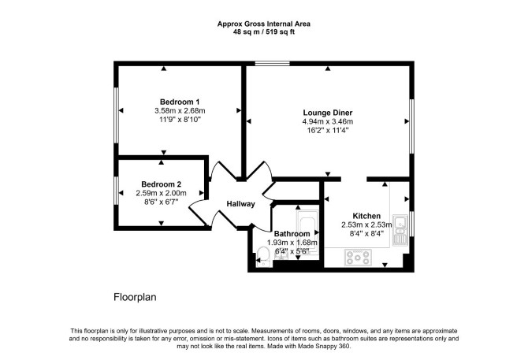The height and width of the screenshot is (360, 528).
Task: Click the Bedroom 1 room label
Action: point(180,102)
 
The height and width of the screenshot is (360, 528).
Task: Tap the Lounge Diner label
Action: point(328,113)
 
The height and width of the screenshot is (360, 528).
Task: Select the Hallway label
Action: point(241,204)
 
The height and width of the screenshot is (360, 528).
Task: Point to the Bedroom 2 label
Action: point(162,184)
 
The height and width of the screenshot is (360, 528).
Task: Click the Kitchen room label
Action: point(366,216)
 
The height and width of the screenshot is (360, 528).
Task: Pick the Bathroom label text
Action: point(292,234)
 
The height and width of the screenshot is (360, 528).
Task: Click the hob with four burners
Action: point(358,258)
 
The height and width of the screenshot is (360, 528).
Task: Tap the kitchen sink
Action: point(400,229)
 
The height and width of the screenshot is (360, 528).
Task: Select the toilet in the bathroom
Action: point(262,256)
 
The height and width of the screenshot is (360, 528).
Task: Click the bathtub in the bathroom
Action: point(308,232)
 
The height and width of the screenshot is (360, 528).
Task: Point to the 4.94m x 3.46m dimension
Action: point(328,121)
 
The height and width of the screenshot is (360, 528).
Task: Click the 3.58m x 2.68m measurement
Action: point(180,111)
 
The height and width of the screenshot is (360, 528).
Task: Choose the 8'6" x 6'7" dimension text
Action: point(162,202)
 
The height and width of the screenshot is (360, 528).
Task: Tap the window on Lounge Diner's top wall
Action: point(272,63)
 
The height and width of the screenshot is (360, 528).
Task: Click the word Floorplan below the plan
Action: point(135,298)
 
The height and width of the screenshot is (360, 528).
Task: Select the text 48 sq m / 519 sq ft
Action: point(264,32)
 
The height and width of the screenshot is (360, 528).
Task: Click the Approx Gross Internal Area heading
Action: point(264,24)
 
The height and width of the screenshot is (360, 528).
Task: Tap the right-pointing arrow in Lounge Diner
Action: point(407,121)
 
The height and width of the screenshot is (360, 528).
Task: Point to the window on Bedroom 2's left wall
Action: point(116,191)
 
